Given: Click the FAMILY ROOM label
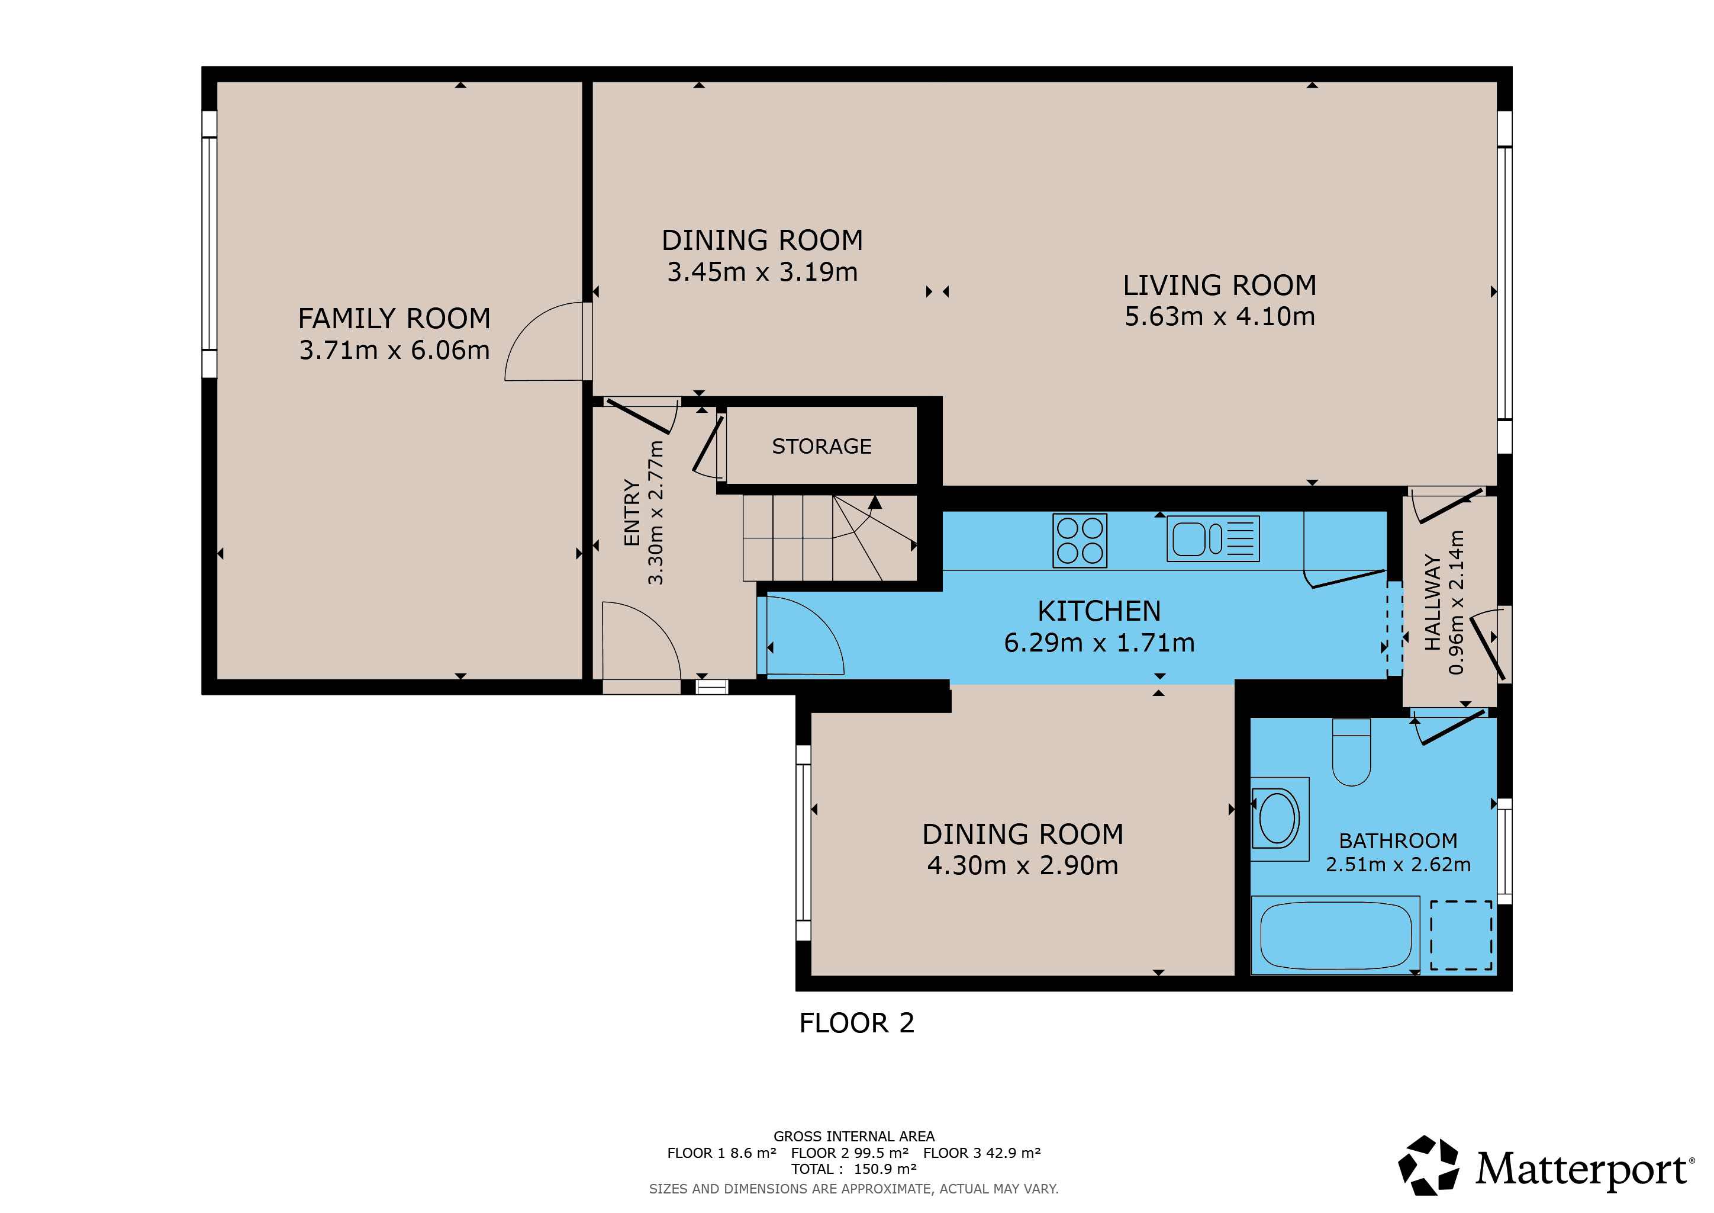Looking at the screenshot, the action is (394, 319).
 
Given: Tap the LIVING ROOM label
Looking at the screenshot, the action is (1220, 285).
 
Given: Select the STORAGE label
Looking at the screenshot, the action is (821, 447).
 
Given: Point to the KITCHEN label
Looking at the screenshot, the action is (1099, 612).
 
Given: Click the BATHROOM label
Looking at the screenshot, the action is (1398, 841).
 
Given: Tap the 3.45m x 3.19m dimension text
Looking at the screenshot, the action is (762, 272).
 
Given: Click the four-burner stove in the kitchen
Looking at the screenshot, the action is (1080, 541).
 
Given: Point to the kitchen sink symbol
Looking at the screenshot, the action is (1213, 538).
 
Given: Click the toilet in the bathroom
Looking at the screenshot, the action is (1351, 752).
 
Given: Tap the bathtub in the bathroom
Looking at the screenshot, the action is (1336, 935).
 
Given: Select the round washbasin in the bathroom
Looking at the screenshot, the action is (1277, 819).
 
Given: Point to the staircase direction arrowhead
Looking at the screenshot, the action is (875, 502).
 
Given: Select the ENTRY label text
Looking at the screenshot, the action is (632, 513).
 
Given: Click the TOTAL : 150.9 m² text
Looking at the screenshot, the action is (853, 1169).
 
